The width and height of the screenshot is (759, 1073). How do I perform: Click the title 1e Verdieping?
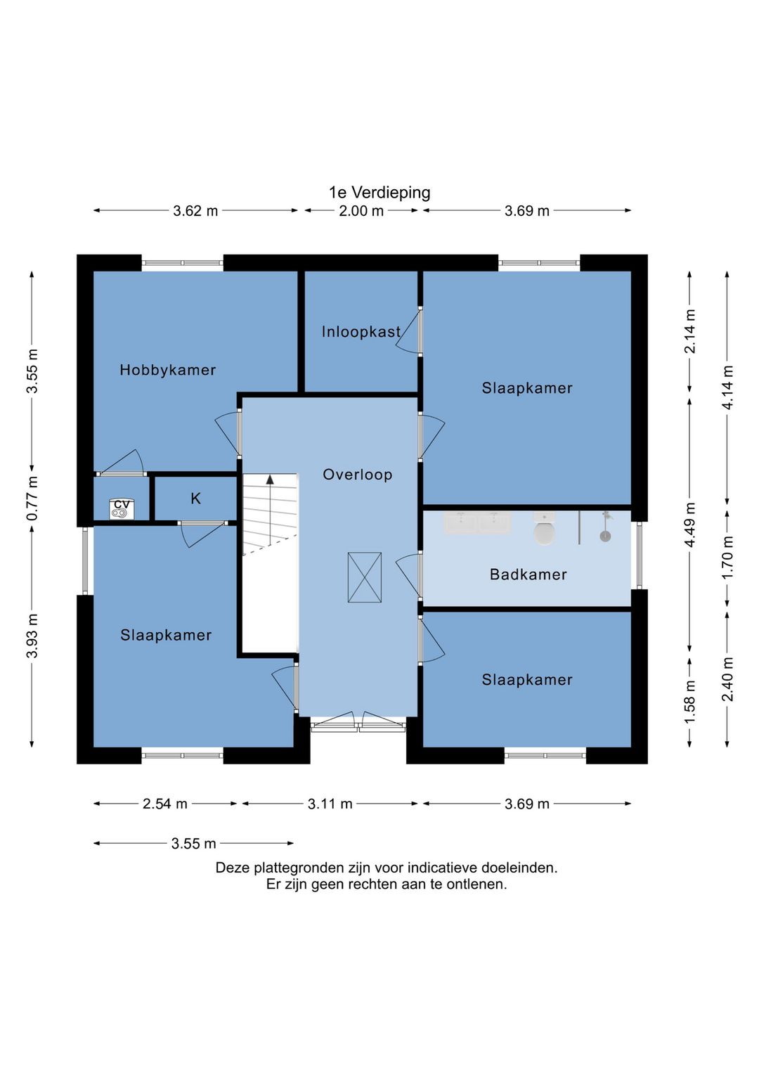tap(379, 193)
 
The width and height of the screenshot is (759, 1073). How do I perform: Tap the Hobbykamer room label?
tap(167, 370)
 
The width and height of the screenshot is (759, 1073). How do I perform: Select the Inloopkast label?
tap(361, 331)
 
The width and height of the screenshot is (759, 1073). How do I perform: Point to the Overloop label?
tap(357, 474)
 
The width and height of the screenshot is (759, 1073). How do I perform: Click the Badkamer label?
tap(528, 574)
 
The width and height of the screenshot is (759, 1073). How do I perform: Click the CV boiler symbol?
tap(122, 508)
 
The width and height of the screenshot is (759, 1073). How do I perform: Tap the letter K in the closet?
tap(195, 499)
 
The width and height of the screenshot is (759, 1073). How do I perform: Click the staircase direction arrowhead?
tap(270, 479)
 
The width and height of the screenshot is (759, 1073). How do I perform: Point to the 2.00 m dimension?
tap(361, 211)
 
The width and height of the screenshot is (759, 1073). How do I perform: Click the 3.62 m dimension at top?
tap(195, 211)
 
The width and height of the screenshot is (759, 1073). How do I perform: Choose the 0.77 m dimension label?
tap(32, 498)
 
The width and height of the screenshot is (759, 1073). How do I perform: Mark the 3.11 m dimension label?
tap(330, 804)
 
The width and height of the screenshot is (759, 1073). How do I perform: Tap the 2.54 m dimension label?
tap(164, 804)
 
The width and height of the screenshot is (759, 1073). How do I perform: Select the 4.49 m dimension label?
tap(689, 525)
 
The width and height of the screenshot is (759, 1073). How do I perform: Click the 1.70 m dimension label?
tap(727, 557)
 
